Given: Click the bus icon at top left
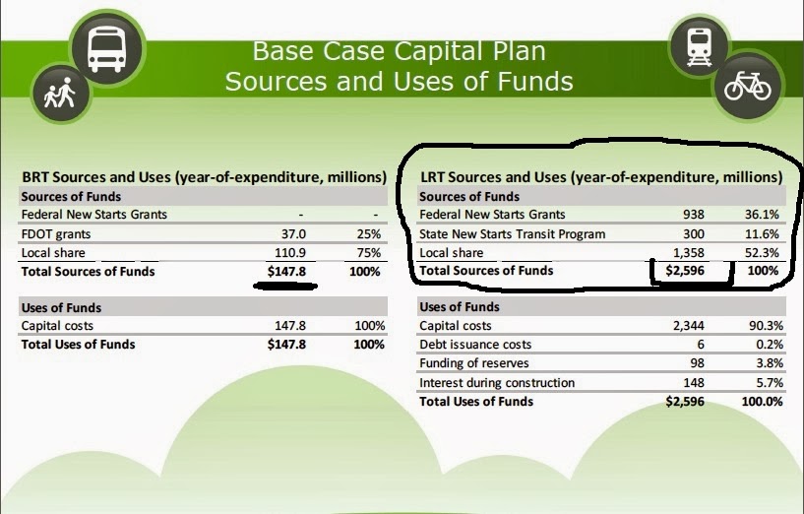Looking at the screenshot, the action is pyautogui.click(x=107, y=49).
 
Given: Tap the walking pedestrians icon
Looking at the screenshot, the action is pyautogui.click(x=60, y=93).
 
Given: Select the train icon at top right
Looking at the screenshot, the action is pyautogui.click(x=700, y=46).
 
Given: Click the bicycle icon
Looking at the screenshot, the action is pyautogui.click(x=748, y=86).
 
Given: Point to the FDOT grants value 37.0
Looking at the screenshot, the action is pyautogui.click(x=293, y=234).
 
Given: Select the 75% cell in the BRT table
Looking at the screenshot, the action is pyautogui.click(x=369, y=253).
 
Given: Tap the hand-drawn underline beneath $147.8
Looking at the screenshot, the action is pyautogui.click(x=285, y=287).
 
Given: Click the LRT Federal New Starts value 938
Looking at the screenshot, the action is pyautogui.click(x=693, y=215).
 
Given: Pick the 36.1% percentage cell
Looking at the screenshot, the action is pyautogui.click(x=762, y=215).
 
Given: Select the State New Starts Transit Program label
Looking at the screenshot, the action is pyautogui.click(x=513, y=234).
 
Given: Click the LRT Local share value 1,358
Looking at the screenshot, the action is pyautogui.click(x=689, y=253).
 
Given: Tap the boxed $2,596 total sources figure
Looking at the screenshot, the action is pyautogui.click(x=685, y=271).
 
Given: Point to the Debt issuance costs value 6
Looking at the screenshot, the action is pyautogui.click(x=700, y=345).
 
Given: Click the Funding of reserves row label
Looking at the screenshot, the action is pyautogui.click(x=473, y=363).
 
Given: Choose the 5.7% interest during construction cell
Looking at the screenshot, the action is pyautogui.click(x=770, y=383).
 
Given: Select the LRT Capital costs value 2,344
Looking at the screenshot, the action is pyautogui.click(x=689, y=326).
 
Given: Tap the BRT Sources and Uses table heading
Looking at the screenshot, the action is pyautogui.click(x=204, y=177).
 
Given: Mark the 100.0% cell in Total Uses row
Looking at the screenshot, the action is pyautogui.click(x=762, y=402).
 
